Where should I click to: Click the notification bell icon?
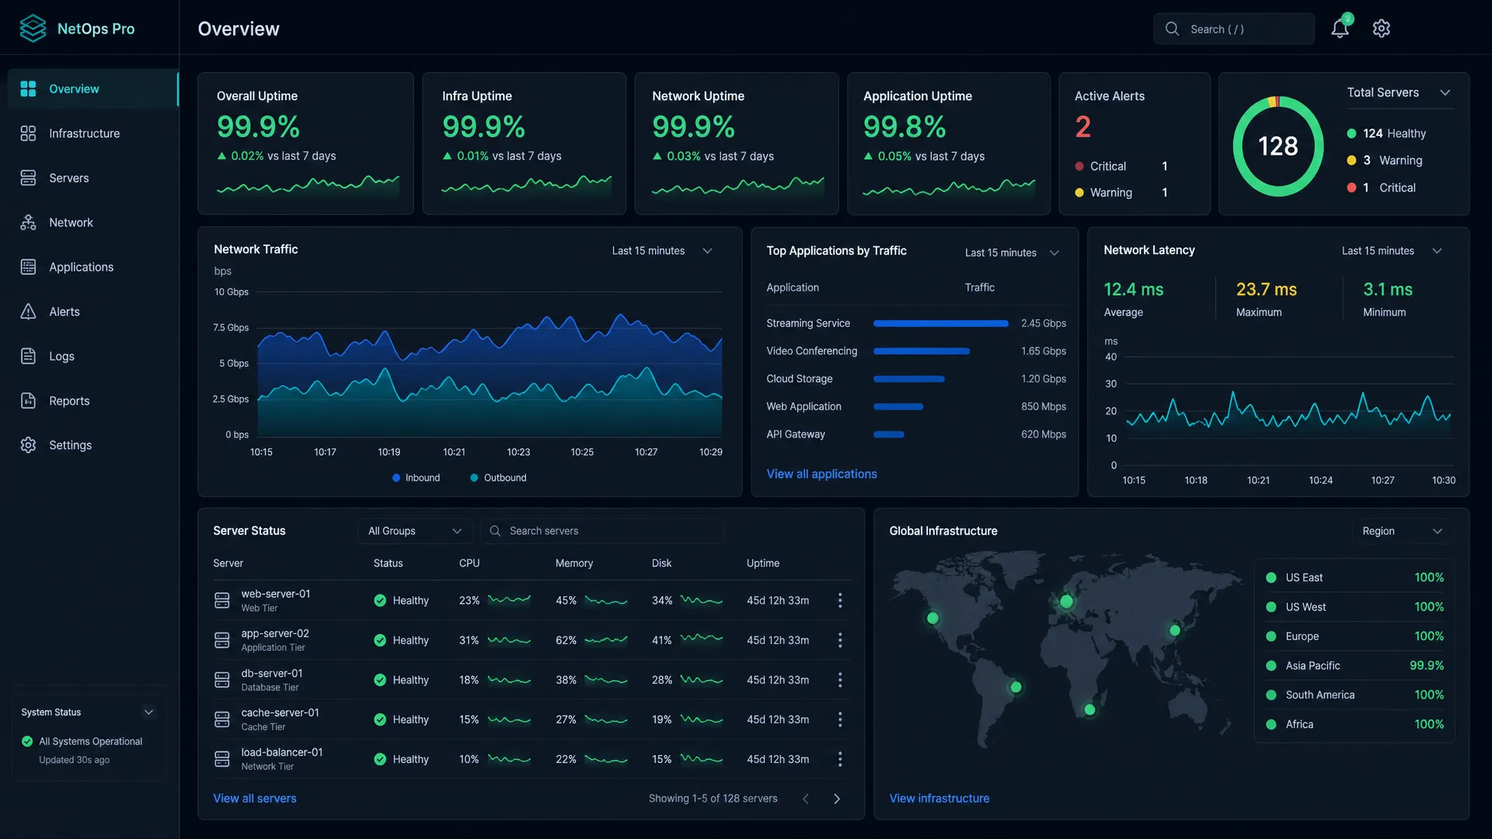pos(1340,28)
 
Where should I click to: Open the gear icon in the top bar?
pos(1381,29)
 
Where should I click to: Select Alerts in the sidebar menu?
pos(64,312)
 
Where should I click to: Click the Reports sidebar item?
pos(69,401)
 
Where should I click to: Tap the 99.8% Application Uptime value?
pos(905,127)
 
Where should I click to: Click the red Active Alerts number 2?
pos(1083,127)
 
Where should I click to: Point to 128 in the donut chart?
pos(1278,146)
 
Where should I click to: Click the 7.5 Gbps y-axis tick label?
pos(231,328)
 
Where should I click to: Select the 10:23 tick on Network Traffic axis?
pos(518,452)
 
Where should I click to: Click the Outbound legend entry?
pos(498,478)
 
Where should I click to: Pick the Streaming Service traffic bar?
pos(940,323)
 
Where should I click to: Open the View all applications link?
pos(821,474)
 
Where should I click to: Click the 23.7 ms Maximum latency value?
pos(1266,289)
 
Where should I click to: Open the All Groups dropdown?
pos(415,531)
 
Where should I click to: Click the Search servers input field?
pos(601,531)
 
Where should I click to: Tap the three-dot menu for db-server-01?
pos(840,680)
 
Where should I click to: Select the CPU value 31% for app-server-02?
pos(469,640)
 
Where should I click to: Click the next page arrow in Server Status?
pos(837,799)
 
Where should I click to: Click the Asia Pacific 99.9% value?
pos(1427,666)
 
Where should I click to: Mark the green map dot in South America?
pos(1016,687)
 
